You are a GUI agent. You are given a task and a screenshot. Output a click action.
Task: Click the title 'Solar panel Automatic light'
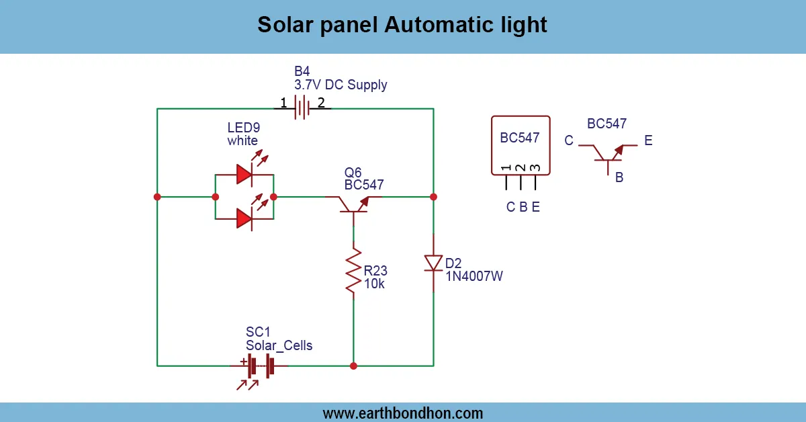point(402,25)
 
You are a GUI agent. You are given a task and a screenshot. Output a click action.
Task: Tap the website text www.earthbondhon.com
point(402,413)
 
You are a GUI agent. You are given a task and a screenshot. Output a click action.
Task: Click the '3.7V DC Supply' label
point(341,85)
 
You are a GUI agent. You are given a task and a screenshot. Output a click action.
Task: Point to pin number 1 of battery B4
point(283,103)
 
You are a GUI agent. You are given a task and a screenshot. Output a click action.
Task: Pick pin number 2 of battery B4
point(321,103)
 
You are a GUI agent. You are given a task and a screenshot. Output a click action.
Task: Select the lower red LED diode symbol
point(244,218)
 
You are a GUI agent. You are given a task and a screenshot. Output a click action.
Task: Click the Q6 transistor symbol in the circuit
point(353,204)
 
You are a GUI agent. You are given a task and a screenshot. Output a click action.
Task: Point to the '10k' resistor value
point(374,284)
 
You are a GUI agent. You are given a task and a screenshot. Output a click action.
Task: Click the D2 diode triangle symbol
point(433,263)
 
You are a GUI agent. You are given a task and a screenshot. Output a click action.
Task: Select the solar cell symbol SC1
point(259,366)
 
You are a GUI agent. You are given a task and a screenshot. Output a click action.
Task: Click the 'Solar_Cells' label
point(279,345)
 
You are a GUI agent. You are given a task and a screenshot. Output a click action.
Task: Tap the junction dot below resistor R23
point(353,366)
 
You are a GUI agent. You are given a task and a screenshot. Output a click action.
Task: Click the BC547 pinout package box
point(521,144)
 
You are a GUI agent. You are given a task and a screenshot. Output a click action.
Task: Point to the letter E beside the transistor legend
point(648,141)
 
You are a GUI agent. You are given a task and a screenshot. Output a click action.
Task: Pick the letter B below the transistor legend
point(619,178)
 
